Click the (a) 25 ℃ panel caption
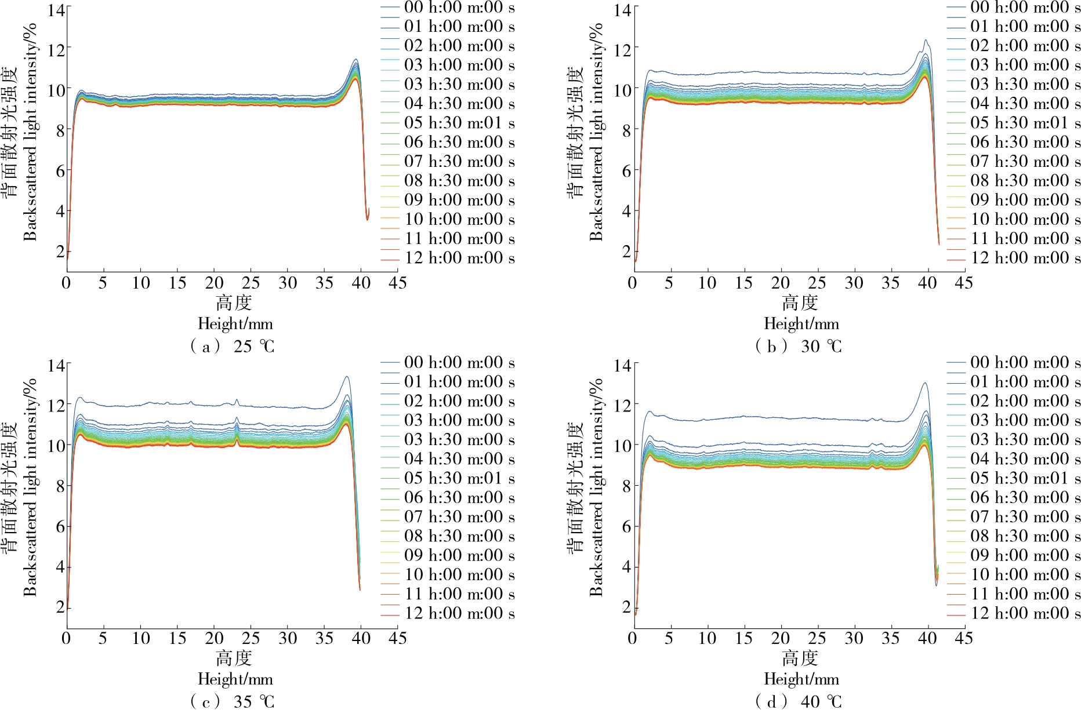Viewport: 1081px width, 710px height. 233,347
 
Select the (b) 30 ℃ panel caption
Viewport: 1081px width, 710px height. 799,347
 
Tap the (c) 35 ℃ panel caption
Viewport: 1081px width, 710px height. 233,701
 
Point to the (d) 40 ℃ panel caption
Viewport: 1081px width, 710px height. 799,701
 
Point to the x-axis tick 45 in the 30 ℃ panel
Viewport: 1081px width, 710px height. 964,283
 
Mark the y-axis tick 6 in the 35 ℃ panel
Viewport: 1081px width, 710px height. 60,526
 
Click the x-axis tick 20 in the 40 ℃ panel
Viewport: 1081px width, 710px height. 781,638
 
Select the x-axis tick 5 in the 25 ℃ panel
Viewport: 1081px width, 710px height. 103,283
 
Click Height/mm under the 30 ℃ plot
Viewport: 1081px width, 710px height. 801,323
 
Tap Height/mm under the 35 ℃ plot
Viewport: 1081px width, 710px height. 235,679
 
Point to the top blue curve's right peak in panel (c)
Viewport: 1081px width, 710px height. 347,377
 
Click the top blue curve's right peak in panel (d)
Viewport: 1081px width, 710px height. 925,383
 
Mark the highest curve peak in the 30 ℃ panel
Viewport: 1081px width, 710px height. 926,40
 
